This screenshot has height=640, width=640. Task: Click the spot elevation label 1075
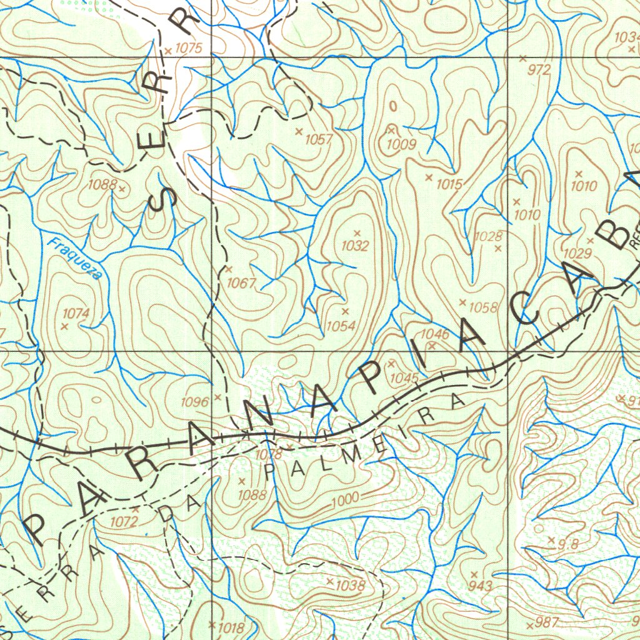(x=189, y=48)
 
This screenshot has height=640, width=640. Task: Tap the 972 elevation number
(x=539, y=70)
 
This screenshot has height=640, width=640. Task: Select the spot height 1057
(x=319, y=139)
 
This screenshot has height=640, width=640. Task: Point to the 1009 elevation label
(x=401, y=144)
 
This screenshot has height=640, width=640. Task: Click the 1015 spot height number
(x=449, y=184)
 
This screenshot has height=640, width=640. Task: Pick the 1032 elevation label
(x=355, y=246)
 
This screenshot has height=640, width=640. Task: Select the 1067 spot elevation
(x=241, y=283)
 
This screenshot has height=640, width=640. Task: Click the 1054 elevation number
(x=341, y=326)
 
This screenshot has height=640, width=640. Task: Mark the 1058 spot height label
(x=483, y=307)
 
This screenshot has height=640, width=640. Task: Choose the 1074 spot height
(x=76, y=313)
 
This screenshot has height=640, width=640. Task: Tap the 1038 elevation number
(x=350, y=586)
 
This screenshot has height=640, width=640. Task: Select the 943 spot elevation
(x=480, y=586)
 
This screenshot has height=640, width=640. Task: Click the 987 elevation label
(x=547, y=622)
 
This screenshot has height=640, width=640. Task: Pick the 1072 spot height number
(x=124, y=521)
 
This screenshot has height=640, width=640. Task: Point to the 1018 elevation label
(x=229, y=627)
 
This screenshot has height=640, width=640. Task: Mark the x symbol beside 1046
(x=432, y=345)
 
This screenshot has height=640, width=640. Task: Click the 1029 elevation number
(x=577, y=253)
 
